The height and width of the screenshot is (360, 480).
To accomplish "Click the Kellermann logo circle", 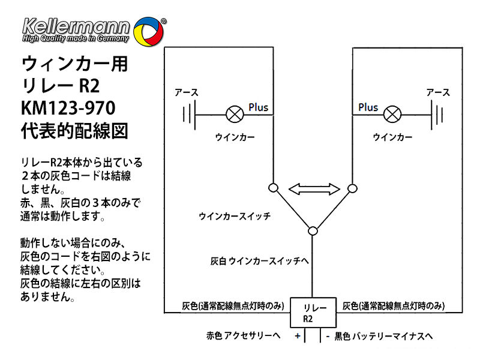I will [146, 31].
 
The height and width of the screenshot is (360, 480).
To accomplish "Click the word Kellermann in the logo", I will [75, 26].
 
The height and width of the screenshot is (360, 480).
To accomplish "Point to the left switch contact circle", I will [273, 188].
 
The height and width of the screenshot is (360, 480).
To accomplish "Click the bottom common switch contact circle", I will [313, 230].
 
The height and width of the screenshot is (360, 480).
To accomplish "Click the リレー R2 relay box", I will [312, 313].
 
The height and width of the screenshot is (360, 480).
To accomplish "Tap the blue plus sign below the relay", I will [297, 336].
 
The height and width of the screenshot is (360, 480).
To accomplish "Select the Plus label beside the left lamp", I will [259, 107].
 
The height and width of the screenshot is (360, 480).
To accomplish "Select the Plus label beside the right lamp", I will [368, 107].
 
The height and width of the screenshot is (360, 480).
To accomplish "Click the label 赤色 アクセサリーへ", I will [244, 336].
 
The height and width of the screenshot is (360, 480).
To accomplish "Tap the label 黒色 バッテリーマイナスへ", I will [383, 336].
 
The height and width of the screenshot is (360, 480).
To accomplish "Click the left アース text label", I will [186, 93].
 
